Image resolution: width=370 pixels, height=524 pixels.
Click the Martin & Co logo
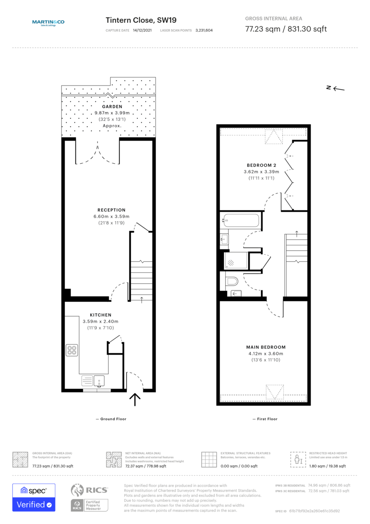click(48, 23)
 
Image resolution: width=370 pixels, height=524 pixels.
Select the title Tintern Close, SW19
click(141, 20)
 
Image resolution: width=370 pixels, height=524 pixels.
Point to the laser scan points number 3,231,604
click(204, 31)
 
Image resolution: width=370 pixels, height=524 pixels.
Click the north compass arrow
click(335, 89)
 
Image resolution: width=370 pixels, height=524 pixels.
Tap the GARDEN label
click(112, 107)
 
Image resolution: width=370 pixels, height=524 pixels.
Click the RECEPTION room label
click(111, 210)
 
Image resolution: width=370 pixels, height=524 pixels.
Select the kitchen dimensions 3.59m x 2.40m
click(100, 321)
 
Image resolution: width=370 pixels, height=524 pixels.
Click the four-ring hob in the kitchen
click(72, 350)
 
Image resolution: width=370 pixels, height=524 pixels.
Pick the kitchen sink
click(99, 381)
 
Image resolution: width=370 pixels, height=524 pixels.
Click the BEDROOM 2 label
click(261, 165)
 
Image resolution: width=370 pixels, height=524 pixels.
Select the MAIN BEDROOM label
click(265, 347)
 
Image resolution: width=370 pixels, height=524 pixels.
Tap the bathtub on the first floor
click(241, 221)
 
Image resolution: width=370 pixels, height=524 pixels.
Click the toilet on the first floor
click(231, 280)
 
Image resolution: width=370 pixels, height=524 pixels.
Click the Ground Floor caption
click(111, 419)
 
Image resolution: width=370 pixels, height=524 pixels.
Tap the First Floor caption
click(265, 419)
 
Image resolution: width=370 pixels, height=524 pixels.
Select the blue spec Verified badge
click(34, 497)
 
